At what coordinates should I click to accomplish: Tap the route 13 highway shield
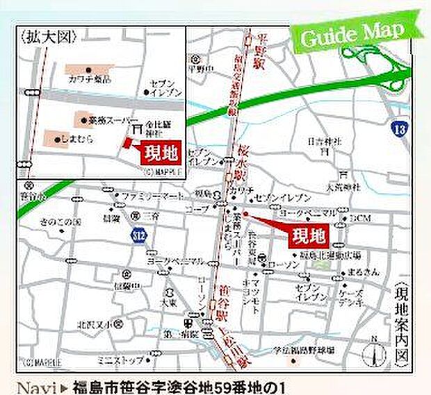(398, 128)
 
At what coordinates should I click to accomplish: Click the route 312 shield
(138, 237)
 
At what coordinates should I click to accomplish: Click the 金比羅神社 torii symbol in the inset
(137, 129)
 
